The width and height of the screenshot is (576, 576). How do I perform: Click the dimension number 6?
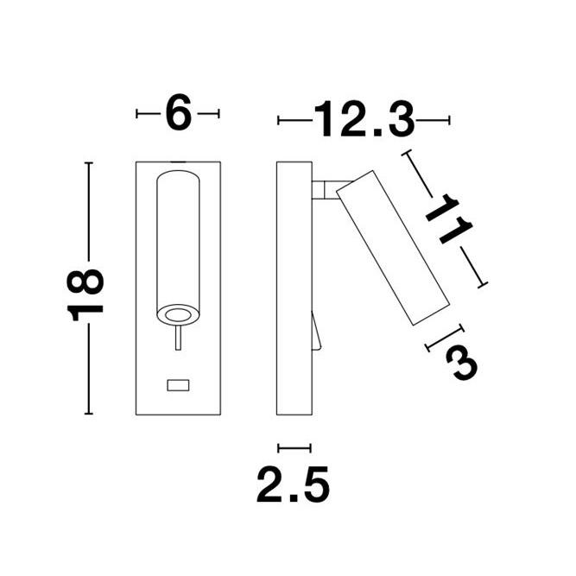[x=179, y=112]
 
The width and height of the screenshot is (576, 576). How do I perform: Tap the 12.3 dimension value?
[x=364, y=119]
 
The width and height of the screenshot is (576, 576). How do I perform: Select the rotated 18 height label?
[x=85, y=295]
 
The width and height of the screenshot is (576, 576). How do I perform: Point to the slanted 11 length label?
[x=449, y=219]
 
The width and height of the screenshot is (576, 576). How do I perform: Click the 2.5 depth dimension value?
[x=293, y=484]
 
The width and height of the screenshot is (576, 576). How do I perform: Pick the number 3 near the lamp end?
[x=462, y=364]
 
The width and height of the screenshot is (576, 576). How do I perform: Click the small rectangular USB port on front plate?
[x=178, y=385]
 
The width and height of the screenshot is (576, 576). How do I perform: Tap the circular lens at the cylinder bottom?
[x=178, y=315]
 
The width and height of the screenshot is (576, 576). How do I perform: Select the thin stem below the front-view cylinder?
[x=178, y=338]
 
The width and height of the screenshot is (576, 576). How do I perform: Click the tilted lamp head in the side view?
[x=393, y=248]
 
